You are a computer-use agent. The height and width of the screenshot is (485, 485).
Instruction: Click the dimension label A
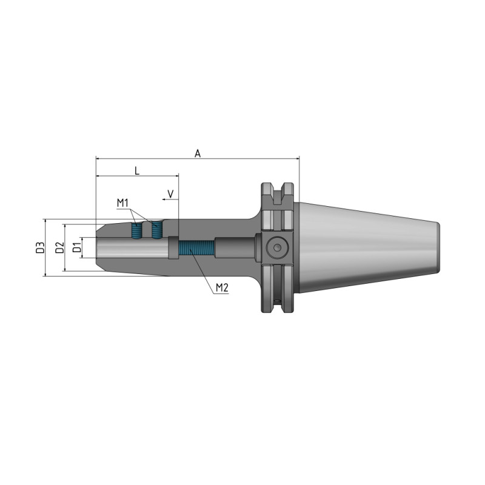click(198, 153)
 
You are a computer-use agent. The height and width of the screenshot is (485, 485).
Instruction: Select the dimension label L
click(137, 171)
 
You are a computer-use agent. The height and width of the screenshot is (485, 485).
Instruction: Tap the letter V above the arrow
click(171, 193)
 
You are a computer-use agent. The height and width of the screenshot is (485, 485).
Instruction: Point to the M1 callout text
click(124, 202)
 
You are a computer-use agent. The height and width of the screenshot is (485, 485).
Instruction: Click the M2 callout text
click(221, 287)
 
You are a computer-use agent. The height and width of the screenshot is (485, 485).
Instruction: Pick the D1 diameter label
click(76, 248)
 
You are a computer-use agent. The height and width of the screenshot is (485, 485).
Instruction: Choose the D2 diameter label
click(59, 248)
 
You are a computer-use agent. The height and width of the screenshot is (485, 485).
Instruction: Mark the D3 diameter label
click(39, 248)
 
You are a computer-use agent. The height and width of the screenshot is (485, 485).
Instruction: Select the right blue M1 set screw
click(158, 229)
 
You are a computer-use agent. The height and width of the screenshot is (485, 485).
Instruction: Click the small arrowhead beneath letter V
click(166, 199)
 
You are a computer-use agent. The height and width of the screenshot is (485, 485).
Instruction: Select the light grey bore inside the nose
click(130, 249)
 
